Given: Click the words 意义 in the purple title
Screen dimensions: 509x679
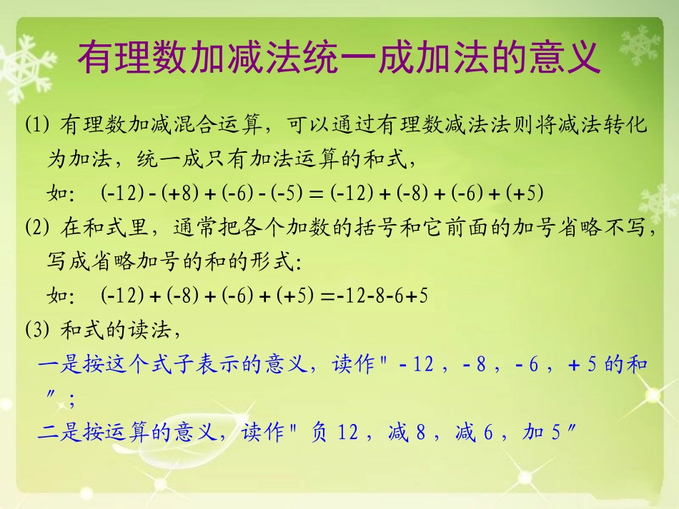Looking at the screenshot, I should click(572, 57).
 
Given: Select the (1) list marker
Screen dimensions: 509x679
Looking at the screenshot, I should click(36, 126).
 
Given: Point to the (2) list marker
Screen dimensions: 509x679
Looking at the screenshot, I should click(36, 229).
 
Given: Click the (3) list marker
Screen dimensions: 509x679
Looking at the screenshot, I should click(36, 331).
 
